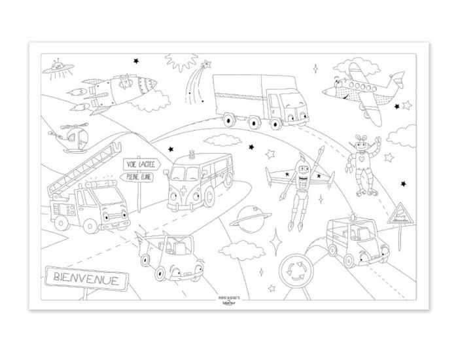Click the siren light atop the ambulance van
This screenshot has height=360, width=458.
point(192,156)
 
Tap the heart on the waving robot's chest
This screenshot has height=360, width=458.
point(359,159)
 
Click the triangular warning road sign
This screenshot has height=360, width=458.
point(400,213)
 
